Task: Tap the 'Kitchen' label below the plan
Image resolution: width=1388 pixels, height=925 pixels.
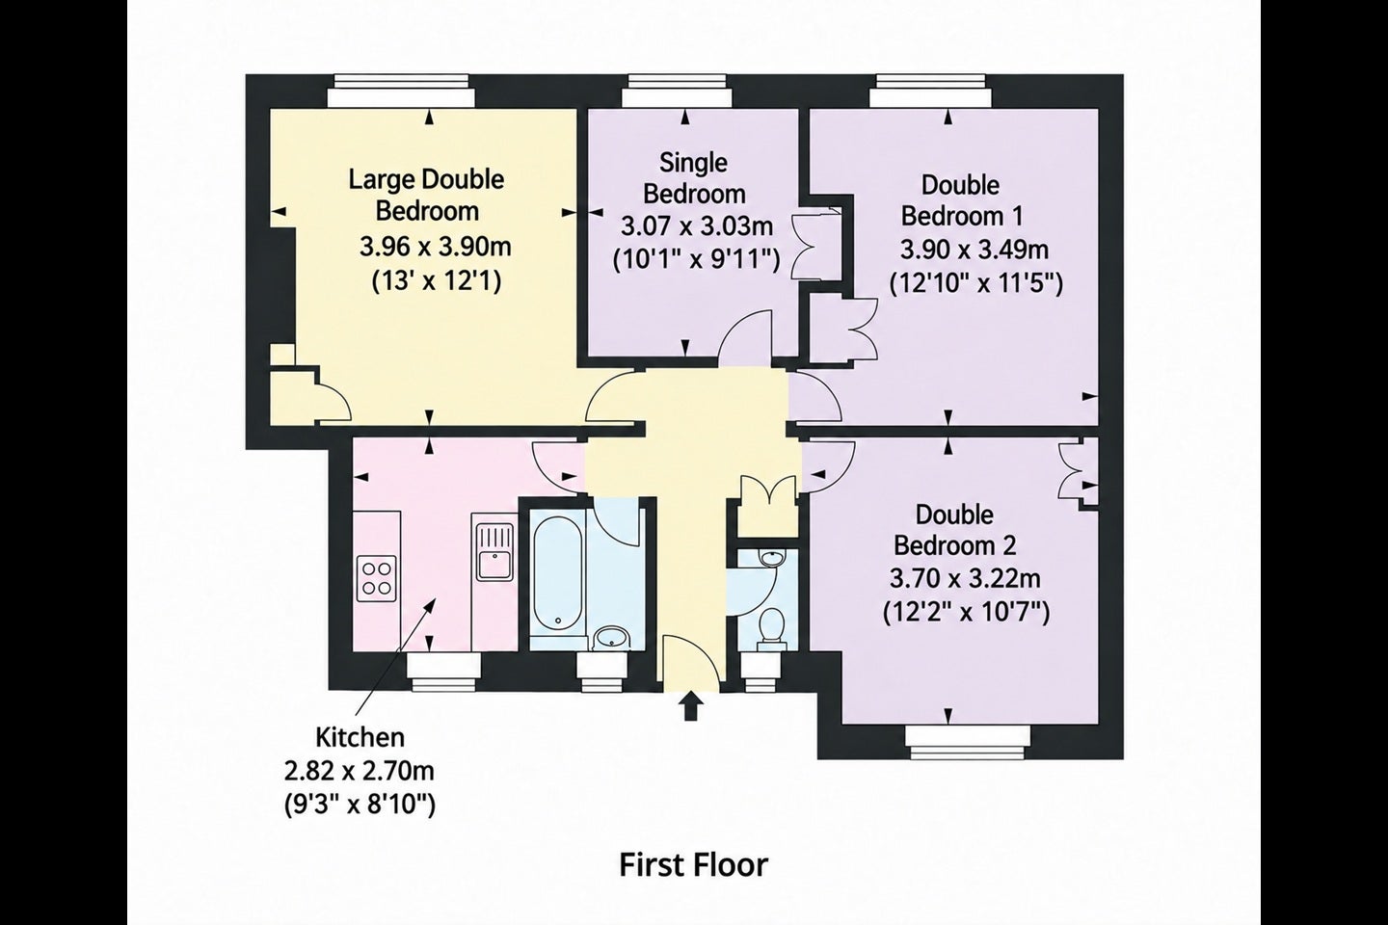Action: [360, 738]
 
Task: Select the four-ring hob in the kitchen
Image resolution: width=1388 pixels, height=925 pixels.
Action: [376, 579]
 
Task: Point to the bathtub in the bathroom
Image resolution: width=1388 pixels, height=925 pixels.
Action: [558, 571]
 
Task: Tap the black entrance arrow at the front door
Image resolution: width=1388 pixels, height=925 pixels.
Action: [691, 707]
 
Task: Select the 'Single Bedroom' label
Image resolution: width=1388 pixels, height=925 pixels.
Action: [694, 178]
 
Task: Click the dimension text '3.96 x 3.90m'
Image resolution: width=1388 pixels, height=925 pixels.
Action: [436, 248]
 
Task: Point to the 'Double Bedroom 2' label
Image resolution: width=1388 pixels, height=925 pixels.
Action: [955, 530]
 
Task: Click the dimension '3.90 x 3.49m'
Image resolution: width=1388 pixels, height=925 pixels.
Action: [974, 250]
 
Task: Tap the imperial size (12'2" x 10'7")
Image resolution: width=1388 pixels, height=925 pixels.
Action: [966, 614]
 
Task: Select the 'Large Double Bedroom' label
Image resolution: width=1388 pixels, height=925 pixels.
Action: [427, 196]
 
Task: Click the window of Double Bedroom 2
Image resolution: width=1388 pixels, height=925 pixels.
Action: [968, 743]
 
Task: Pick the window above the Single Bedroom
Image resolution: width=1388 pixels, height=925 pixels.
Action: [678, 91]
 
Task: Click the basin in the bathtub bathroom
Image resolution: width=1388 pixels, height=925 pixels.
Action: [611, 638]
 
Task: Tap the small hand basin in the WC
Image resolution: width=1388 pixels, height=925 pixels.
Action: [771, 558]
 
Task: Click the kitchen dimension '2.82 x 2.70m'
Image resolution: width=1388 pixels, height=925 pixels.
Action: [360, 772]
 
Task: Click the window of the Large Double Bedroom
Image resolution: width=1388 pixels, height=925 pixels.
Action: [402, 91]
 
